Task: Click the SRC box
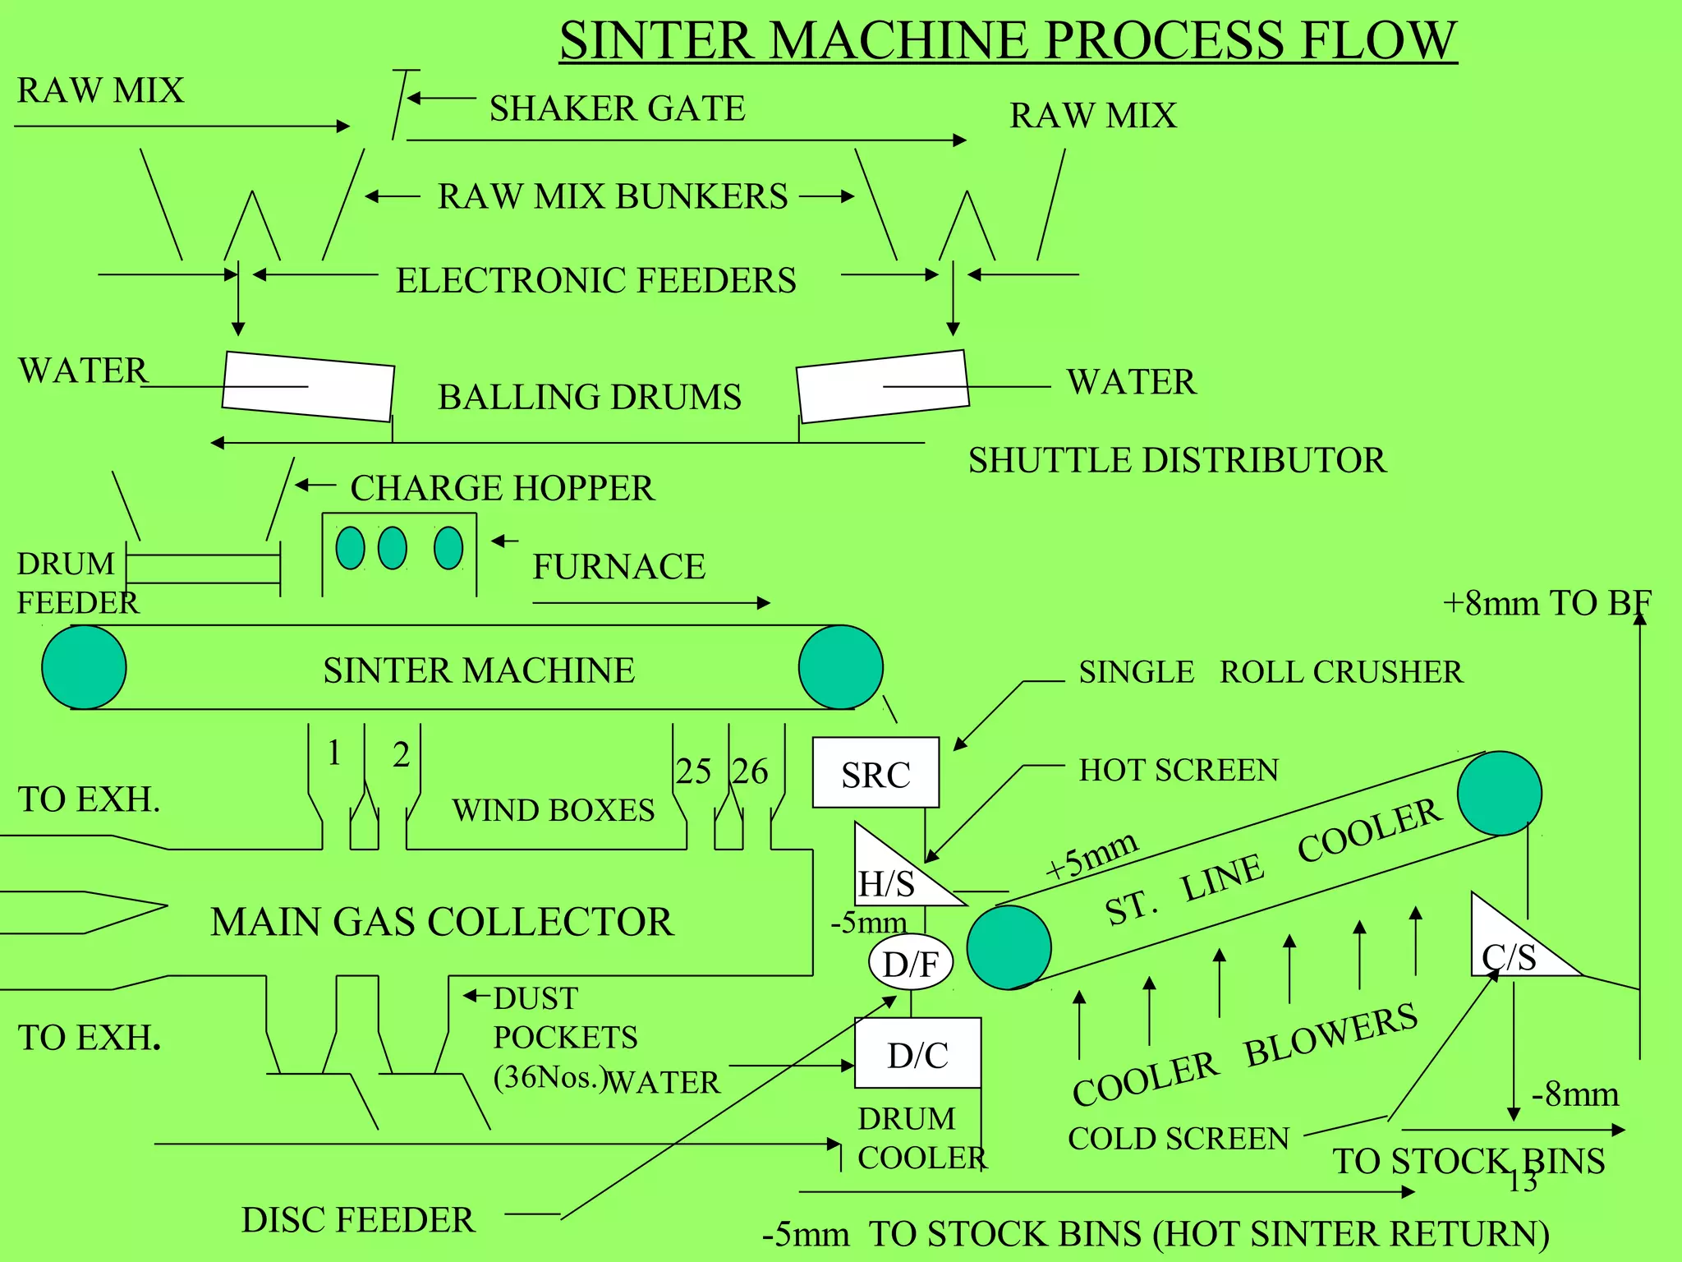pos(875,772)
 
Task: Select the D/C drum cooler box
pos(917,1053)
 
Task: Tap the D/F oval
pos(911,963)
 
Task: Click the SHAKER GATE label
pos(617,108)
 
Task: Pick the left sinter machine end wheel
pos(84,667)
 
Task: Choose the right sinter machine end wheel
pos(840,667)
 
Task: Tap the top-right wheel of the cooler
pos(1499,794)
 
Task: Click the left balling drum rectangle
pos(308,386)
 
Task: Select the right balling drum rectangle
pos(883,386)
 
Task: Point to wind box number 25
pos(692,771)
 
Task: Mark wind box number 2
pos(401,754)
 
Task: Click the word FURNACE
pos(618,567)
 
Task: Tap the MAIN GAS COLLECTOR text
pos(442,922)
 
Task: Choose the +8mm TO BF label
pos(1546,603)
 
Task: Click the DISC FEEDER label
pos(358,1220)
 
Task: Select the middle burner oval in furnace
pos(393,548)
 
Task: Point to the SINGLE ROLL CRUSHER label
pos(1271,672)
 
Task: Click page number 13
pos(1522,1181)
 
